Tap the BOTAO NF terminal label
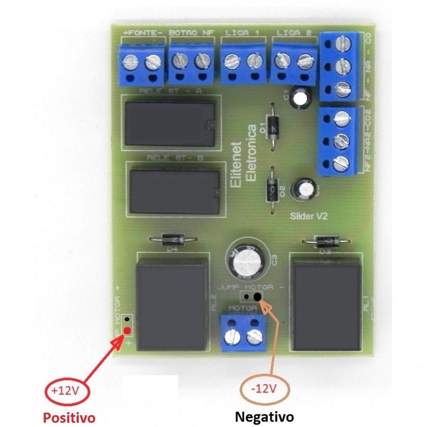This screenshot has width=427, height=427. coord(191,32)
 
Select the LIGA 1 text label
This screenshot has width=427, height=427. coord(242,32)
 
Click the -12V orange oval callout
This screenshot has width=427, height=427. coord(264,389)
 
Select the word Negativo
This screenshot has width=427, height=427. coord(265,415)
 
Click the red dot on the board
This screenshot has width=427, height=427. coord(127,330)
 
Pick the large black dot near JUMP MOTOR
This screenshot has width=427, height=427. coord(257,297)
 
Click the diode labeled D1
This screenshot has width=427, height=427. coord(272,127)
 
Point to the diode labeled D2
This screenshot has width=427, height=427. coord(272,187)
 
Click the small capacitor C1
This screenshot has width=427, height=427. coord(301,98)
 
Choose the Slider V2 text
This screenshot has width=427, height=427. coord(308,216)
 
